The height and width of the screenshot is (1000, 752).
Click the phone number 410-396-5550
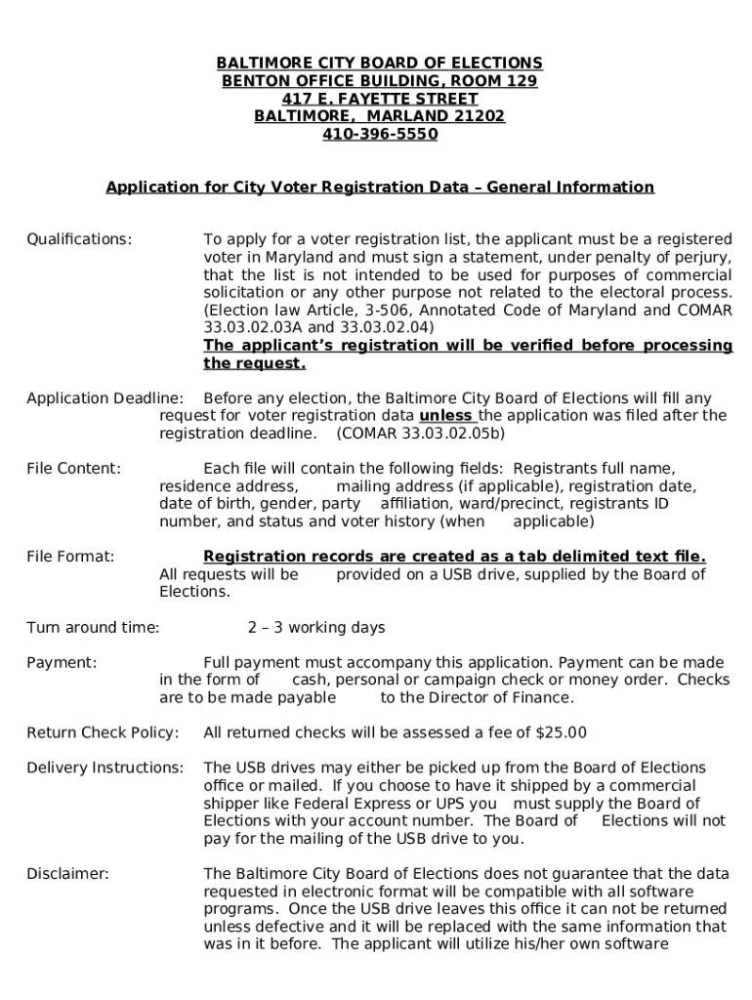pos(380,135)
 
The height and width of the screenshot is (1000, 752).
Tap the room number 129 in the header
pos(519,81)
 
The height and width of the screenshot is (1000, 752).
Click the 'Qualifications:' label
pos(79,239)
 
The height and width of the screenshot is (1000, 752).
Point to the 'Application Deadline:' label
pos(104,398)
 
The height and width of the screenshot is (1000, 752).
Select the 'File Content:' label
pos(74,469)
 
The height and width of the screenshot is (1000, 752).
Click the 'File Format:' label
pos(70,557)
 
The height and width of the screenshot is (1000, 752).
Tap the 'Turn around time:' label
pos(93,628)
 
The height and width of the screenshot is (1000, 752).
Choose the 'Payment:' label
pos(62,663)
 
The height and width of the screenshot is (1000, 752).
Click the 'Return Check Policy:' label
pos(103,733)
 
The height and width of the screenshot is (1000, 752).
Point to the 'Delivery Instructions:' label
pos(104,769)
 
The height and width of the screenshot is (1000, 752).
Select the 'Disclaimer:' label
pos(67,874)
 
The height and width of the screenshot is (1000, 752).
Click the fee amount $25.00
pos(562,733)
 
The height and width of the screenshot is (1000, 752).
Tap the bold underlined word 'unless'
pos(447,416)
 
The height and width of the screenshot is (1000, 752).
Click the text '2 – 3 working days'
pos(316,628)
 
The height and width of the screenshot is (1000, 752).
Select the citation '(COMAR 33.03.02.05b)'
pos(420,434)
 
